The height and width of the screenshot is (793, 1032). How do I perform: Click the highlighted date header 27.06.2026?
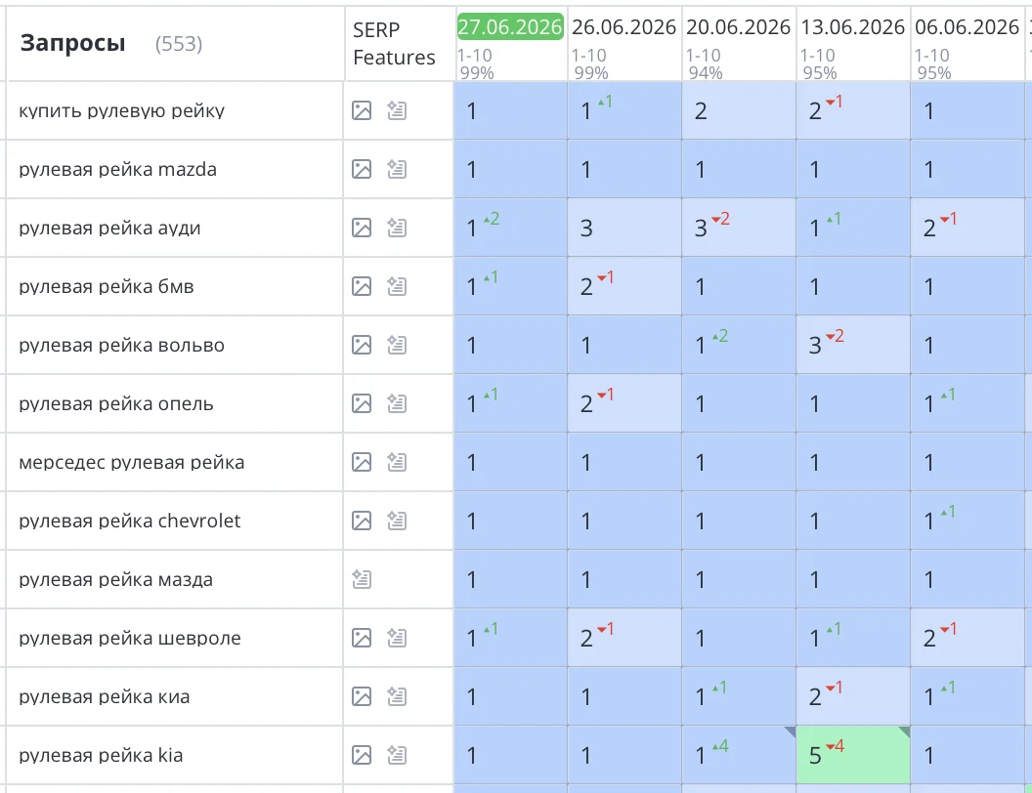pyautogui.click(x=510, y=27)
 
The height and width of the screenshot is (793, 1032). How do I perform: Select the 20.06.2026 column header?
pyautogui.click(x=739, y=27)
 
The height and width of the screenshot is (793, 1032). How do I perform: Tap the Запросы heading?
pyautogui.click(x=72, y=43)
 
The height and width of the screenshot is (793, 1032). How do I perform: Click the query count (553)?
pyautogui.click(x=179, y=44)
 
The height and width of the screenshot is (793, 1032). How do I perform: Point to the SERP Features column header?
pyautogui.click(x=394, y=43)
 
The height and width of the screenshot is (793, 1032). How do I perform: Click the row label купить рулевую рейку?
pyautogui.click(x=122, y=111)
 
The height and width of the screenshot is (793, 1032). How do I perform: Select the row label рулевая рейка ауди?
pyautogui.click(x=109, y=229)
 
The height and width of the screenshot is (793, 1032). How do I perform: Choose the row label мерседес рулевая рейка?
pyautogui.click(x=132, y=462)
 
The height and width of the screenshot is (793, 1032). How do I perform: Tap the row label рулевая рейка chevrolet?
pyautogui.click(x=130, y=521)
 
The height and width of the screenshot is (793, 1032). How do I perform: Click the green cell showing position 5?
pyautogui.click(x=853, y=755)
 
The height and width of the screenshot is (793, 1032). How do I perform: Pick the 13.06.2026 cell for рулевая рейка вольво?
pyautogui.click(x=853, y=345)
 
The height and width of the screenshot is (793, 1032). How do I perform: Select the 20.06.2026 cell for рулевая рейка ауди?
pyautogui.click(x=739, y=229)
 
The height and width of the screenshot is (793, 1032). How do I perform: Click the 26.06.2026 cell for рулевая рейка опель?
pyautogui.click(x=624, y=403)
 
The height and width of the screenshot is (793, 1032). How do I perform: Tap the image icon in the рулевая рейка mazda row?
pyautogui.click(x=362, y=170)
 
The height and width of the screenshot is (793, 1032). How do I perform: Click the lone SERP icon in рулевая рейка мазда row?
pyautogui.click(x=362, y=579)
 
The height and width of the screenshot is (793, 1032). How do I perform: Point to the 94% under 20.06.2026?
pyautogui.click(x=706, y=73)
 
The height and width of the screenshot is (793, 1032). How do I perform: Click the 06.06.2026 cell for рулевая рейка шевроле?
pyautogui.click(x=967, y=638)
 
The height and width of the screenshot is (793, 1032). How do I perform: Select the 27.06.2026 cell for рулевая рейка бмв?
pyautogui.click(x=510, y=287)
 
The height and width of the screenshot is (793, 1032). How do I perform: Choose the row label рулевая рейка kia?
pyautogui.click(x=101, y=755)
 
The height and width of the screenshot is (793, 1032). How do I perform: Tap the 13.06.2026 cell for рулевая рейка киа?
pyautogui.click(x=853, y=696)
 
